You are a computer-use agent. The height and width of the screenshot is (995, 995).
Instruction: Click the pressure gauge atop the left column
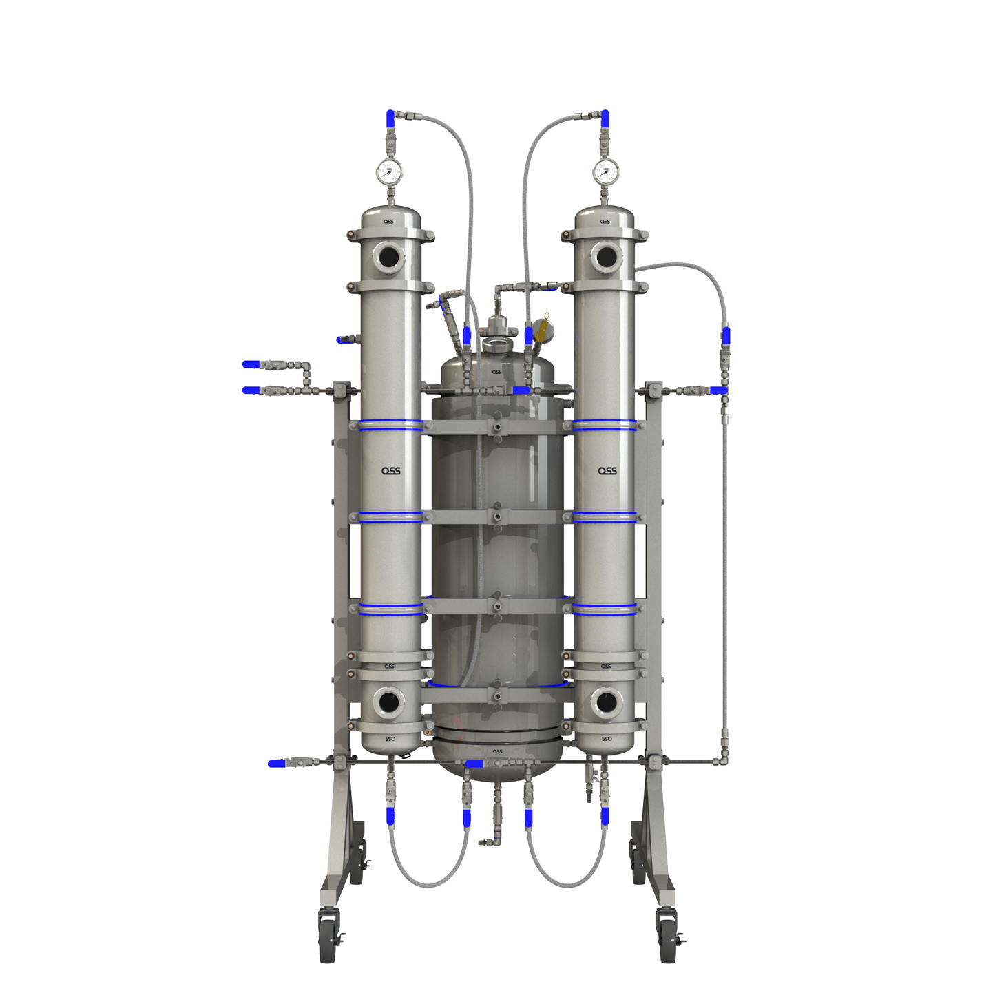(x=389, y=171)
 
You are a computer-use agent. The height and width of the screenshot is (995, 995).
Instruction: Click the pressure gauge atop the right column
(x=605, y=171)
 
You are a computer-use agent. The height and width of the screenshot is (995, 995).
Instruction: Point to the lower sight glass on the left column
(x=389, y=703)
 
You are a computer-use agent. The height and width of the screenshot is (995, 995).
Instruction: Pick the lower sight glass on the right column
(x=606, y=703)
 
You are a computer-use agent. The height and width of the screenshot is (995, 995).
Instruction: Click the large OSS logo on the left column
(x=391, y=471)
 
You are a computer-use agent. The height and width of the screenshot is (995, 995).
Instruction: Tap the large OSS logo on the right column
(x=607, y=471)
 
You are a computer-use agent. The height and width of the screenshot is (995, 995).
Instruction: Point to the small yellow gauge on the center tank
(x=545, y=329)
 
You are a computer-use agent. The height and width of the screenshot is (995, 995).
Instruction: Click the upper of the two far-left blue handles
(x=251, y=364)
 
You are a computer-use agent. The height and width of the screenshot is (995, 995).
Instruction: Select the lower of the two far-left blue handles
(x=251, y=390)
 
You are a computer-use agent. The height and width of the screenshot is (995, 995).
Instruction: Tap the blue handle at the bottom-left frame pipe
(x=276, y=763)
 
